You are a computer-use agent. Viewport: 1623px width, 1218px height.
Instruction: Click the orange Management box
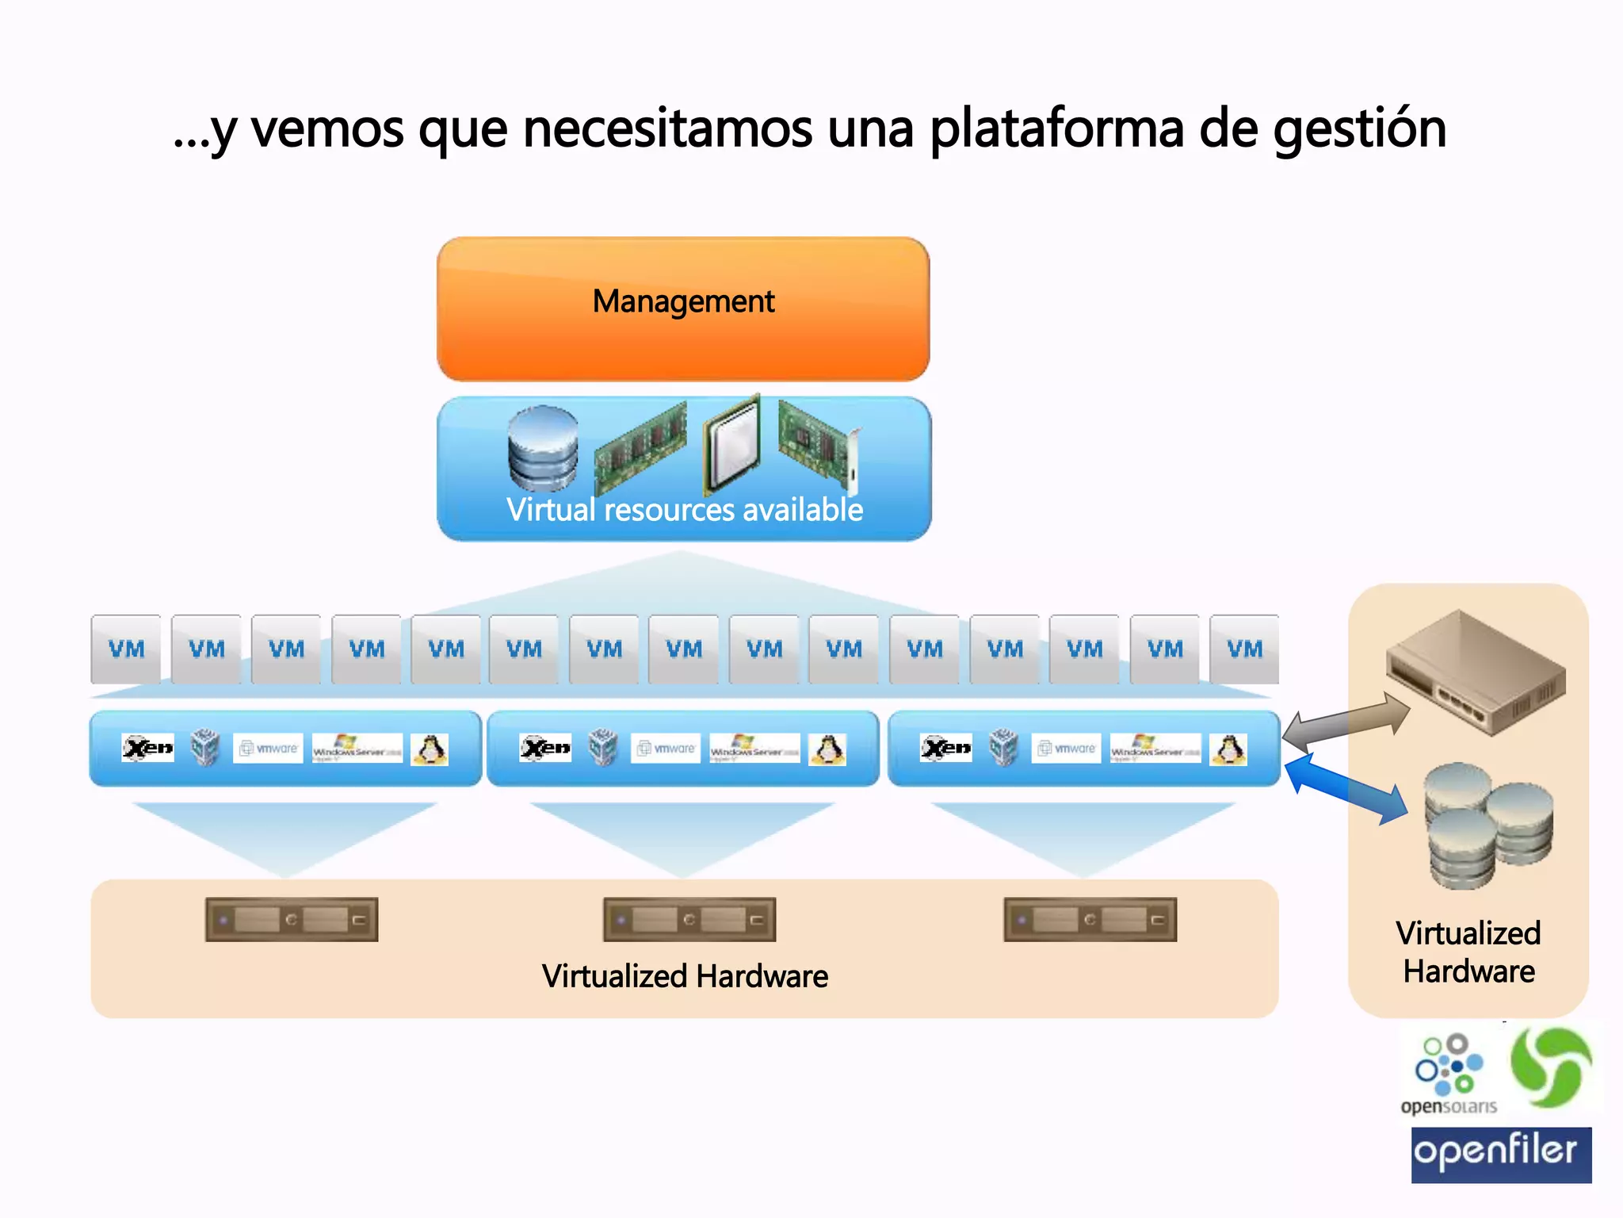click(x=683, y=309)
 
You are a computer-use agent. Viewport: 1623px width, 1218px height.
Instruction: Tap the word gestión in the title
click(x=1359, y=129)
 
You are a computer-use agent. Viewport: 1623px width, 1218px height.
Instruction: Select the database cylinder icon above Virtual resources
click(x=543, y=449)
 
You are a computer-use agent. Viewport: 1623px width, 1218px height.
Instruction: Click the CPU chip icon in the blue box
click(x=733, y=444)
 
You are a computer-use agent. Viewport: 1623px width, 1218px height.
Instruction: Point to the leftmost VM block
click(x=126, y=649)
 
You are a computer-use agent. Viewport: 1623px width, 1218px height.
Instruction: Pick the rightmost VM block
click(x=1244, y=649)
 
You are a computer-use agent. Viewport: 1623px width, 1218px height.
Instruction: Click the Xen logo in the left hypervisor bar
click(x=148, y=748)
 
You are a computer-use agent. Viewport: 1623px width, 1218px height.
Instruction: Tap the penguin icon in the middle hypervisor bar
click(x=827, y=749)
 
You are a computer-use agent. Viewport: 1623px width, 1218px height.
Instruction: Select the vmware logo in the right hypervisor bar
click(x=1066, y=749)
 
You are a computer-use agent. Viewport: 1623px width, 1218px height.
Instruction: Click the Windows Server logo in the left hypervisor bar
click(x=357, y=749)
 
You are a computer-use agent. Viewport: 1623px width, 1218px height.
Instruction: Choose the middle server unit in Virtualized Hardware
click(x=689, y=920)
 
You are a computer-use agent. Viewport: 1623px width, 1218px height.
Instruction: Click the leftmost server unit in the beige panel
click(x=292, y=920)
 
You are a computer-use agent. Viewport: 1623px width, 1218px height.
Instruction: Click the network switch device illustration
click(x=1476, y=672)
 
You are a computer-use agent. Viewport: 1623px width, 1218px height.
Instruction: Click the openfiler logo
click(x=1501, y=1155)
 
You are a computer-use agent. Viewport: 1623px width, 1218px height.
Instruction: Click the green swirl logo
click(x=1551, y=1067)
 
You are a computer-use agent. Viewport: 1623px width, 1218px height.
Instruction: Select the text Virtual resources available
click(x=685, y=510)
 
